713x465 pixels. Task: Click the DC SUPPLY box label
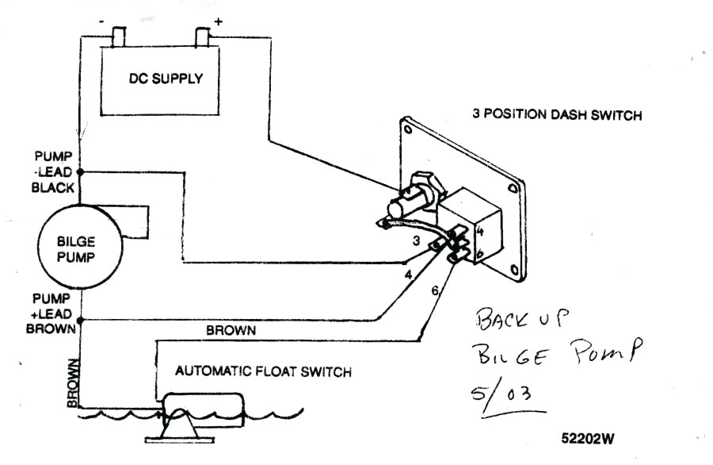coord(166,79)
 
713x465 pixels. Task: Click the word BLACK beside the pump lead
coord(52,188)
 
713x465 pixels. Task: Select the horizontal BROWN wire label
coord(231,329)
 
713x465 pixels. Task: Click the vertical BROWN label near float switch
coord(72,383)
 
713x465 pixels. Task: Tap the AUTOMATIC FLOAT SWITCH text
coord(263,371)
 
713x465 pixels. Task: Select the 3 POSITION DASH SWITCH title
coord(557,114)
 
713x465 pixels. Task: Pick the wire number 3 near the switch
coord(415,238)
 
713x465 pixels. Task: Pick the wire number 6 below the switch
coord(435,291)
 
